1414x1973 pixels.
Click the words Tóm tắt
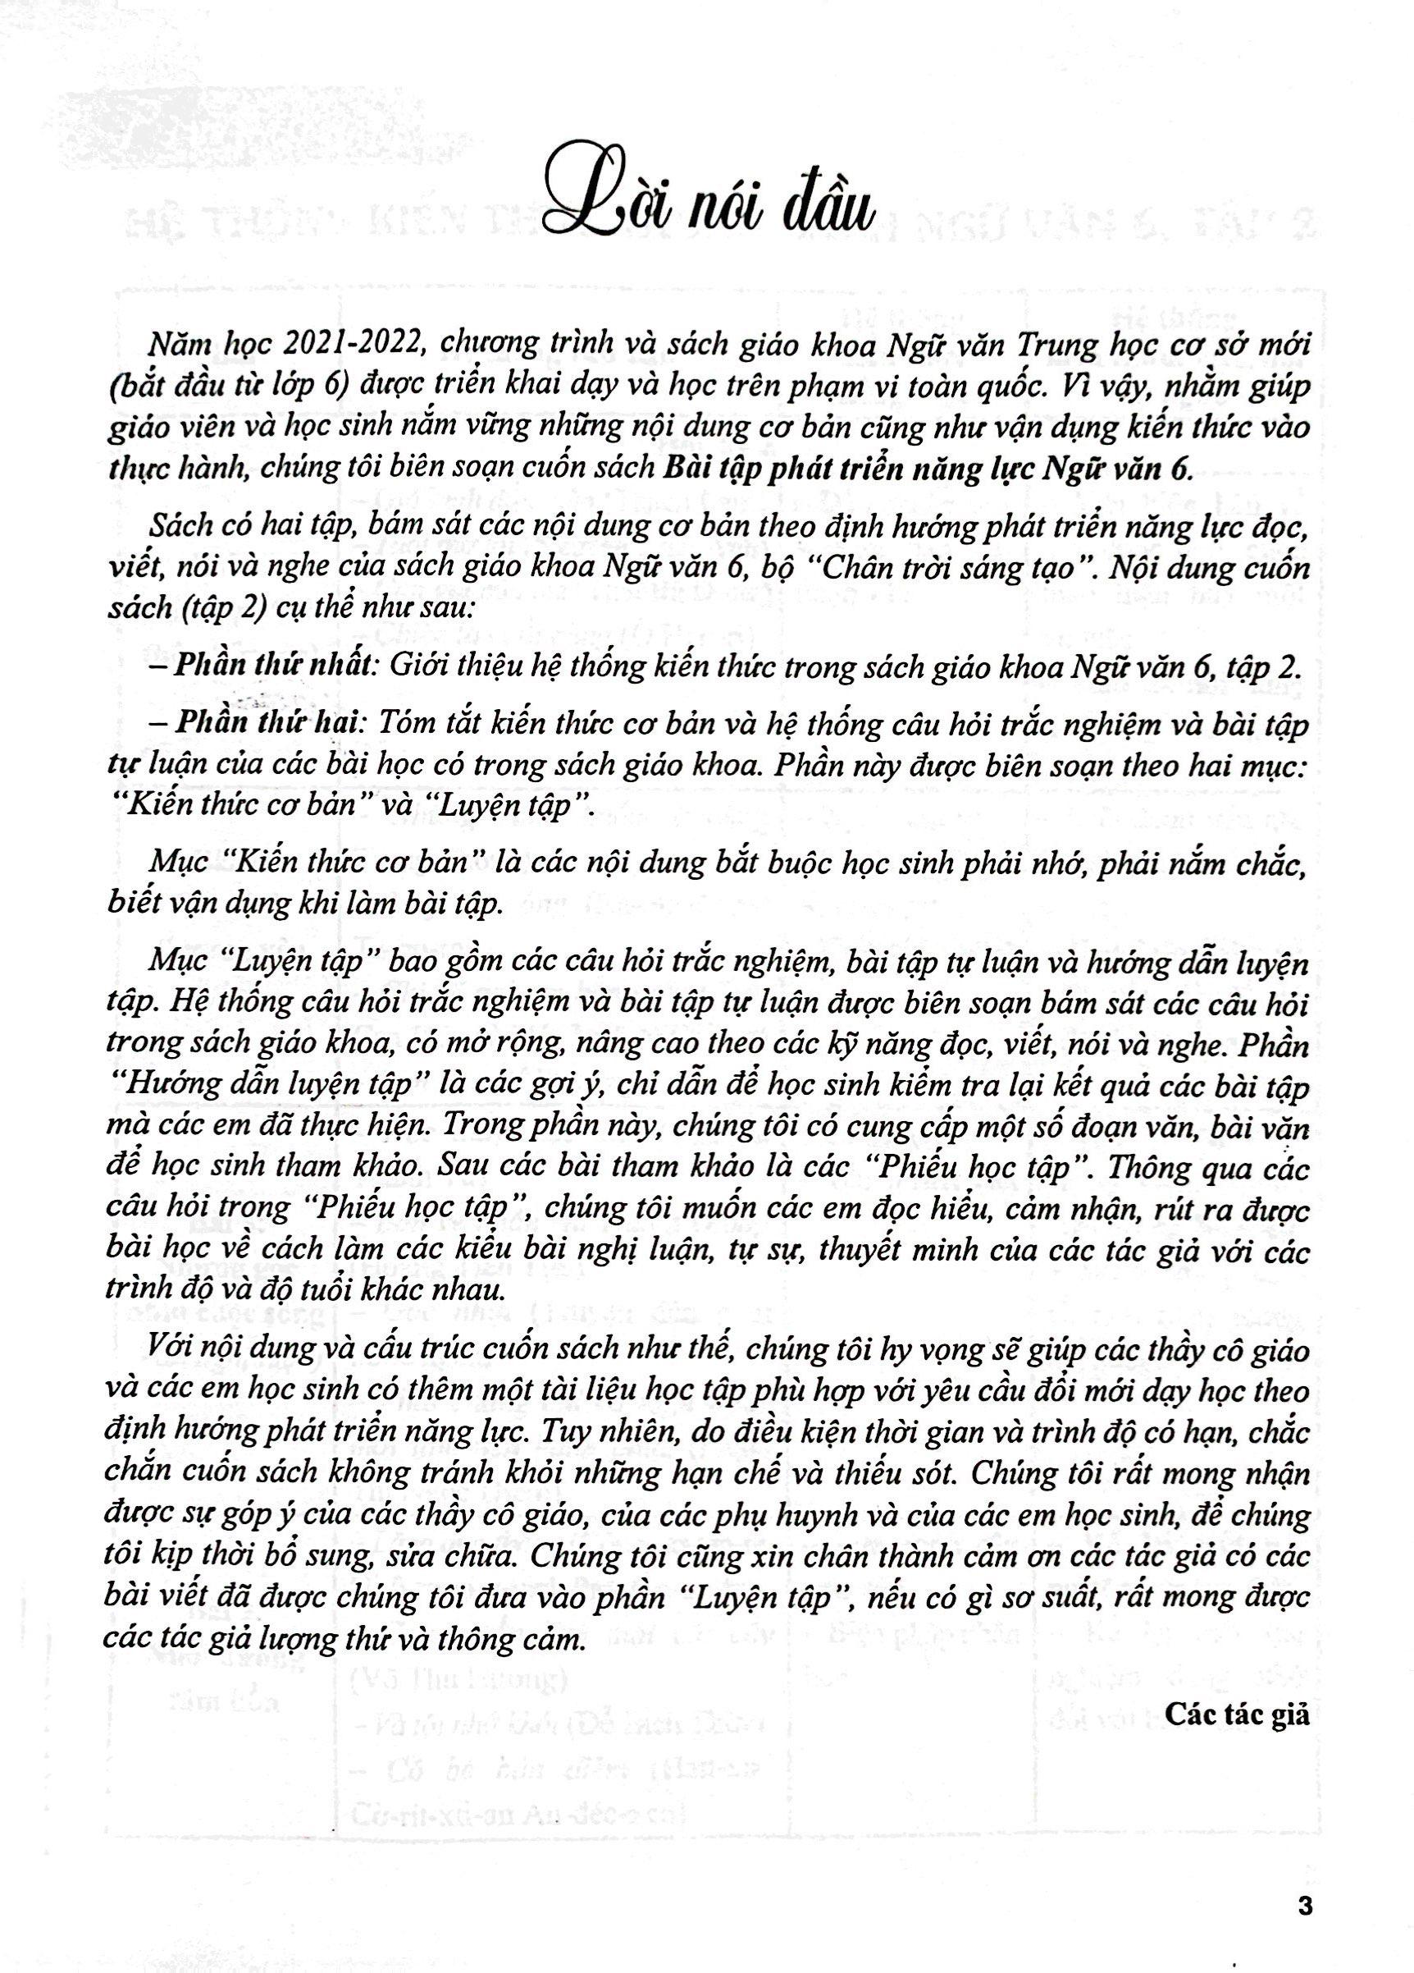click(456, 727)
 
